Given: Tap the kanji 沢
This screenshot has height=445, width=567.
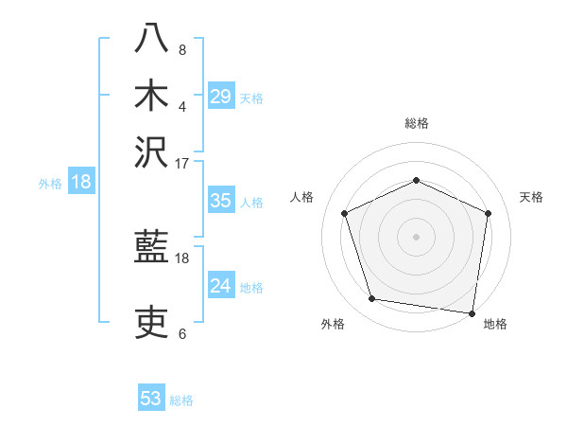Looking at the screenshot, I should coord(151,151).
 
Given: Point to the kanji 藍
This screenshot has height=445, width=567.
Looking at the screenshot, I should coord(151,249).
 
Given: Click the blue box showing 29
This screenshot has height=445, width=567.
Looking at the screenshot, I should coord(221,97).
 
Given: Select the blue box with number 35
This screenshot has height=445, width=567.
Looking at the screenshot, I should coord(221,201).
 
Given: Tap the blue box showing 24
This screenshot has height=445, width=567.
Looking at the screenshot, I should coord(221,286).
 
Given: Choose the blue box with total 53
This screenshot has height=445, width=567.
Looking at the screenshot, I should coord(151,399).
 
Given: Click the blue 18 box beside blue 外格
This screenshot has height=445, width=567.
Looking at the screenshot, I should coord(81,182).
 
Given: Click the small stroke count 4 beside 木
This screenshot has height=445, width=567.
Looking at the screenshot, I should coord(182,105).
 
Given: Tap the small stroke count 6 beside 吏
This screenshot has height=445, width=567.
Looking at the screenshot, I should coord(182,332).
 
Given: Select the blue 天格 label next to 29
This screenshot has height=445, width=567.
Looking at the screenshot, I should coord(251,98).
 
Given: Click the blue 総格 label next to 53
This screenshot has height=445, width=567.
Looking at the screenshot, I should coord(181,400).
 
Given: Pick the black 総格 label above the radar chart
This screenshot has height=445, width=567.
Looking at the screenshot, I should coord(417,123).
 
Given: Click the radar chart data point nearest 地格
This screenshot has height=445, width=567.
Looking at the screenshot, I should coord(472,311).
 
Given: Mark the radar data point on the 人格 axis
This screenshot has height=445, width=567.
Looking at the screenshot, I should coord(345,213).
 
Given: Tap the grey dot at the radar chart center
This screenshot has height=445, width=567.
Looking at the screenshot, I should coord(417,236).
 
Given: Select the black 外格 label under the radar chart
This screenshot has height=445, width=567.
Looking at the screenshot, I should coord(333,325).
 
